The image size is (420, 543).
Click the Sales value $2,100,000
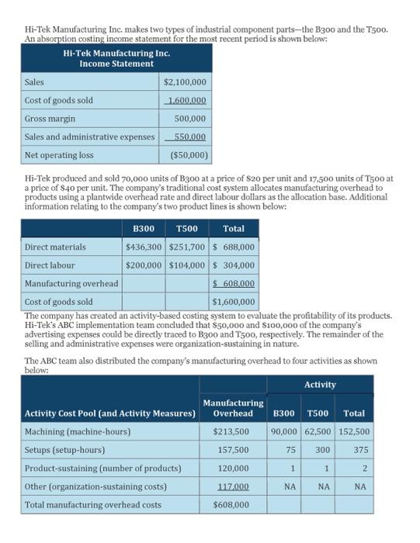point(186,81)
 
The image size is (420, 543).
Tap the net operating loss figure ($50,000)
point(186,154)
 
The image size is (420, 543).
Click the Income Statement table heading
point(116,58)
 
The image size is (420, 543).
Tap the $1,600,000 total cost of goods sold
point(234,302)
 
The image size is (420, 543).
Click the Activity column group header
point(320,385)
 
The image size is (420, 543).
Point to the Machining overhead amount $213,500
point(231,431)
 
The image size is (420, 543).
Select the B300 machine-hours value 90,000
point(286,431)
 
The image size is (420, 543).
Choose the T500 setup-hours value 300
point(321,449)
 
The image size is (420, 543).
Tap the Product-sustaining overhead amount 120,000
point(233,468)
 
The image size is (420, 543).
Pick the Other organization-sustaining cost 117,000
point(232,486)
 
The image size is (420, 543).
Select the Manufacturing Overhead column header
point(232,407)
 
